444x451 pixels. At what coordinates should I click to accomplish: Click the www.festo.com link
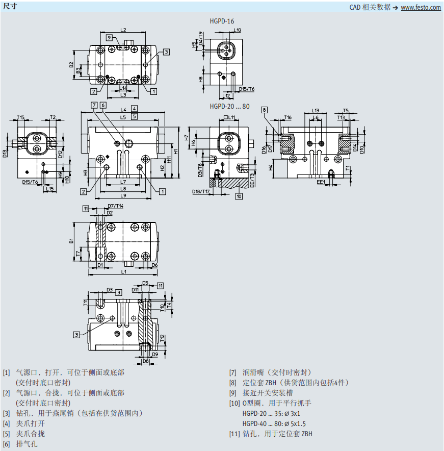[421, 8]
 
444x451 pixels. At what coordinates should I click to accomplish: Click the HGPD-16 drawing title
[222, 21]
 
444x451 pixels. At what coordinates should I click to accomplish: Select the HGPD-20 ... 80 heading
[229, 106]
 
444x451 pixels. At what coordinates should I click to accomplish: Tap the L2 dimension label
[123, 30]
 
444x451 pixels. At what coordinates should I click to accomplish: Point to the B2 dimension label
[71, 65]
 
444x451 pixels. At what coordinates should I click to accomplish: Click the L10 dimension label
[238, 30]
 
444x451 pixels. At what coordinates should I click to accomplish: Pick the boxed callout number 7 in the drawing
[94, 105]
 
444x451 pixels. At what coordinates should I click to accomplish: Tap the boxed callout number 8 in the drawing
[264, 110]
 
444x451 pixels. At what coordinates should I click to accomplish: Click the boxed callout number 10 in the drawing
[239, 195]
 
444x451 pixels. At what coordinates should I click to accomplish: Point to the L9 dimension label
[123, 195]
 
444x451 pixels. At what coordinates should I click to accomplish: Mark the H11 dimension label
[182, 151]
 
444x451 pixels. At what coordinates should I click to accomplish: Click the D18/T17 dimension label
[201, 192]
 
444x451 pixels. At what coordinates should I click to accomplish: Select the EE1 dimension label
[321, 182]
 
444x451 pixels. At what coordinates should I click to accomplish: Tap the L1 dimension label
[124, 272]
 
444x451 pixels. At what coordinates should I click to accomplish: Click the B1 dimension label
[71, 240]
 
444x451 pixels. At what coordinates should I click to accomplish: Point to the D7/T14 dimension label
[115, 206]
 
